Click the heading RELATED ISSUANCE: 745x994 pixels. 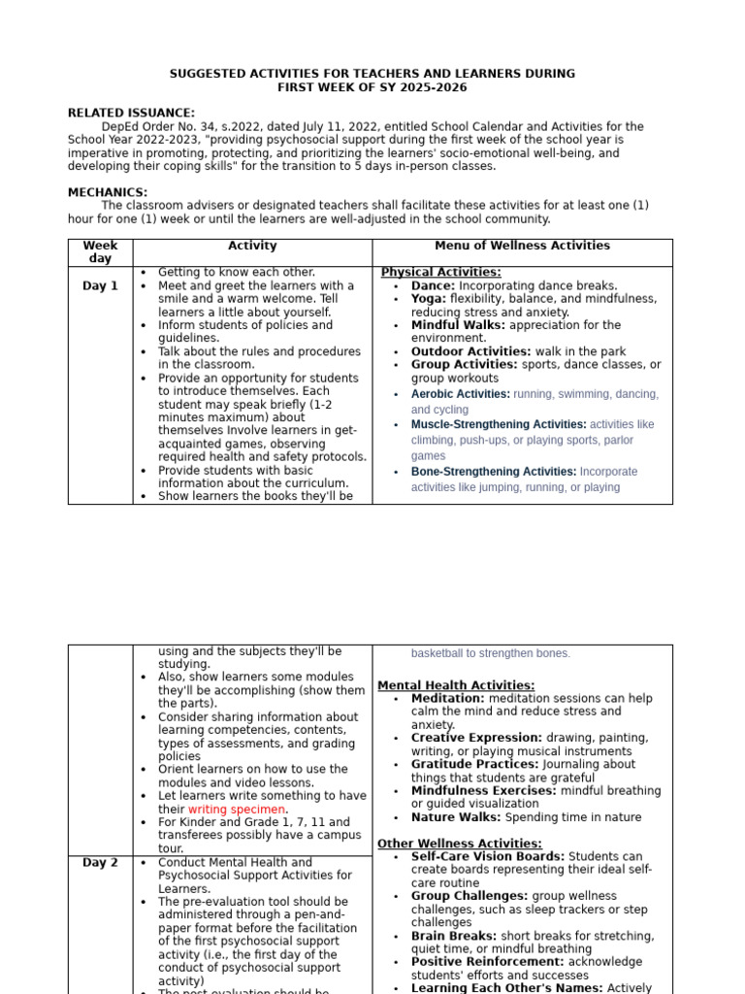131,114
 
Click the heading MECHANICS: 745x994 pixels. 108,192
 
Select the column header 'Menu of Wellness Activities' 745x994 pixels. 522,246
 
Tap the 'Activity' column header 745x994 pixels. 252,246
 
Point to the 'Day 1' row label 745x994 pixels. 100,286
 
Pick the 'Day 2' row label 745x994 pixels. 100,862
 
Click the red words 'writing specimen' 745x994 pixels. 237,810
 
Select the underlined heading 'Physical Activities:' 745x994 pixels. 440,273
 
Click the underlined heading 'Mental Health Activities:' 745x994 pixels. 456,685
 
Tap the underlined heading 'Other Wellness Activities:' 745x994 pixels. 460,844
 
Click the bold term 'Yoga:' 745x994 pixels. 429,299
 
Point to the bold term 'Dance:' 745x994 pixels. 433,286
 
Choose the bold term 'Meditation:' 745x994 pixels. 448,699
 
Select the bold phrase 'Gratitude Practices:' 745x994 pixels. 474,764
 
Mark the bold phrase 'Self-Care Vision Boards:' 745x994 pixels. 487,857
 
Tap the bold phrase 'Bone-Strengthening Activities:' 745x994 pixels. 494,472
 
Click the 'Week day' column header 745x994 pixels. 100,252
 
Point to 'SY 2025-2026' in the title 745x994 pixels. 427,87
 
